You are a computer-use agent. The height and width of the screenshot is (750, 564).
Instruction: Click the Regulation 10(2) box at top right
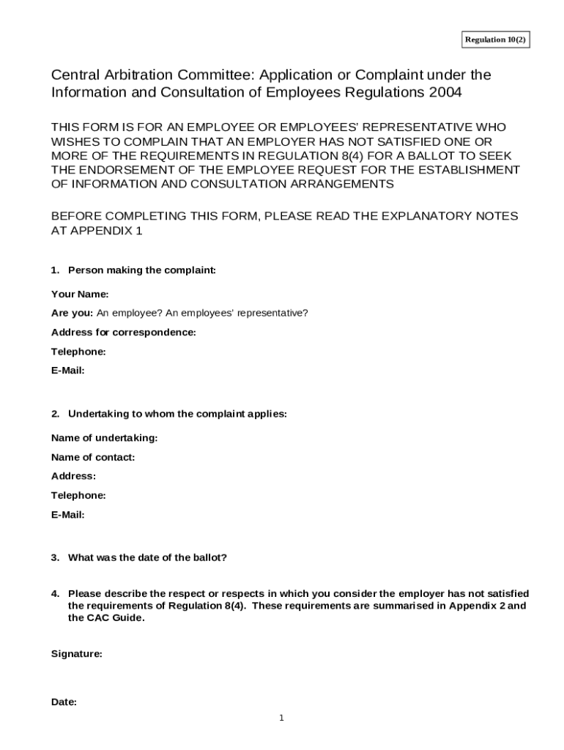tap(495, 40)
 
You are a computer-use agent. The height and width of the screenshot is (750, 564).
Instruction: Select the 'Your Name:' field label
tap(80, 294)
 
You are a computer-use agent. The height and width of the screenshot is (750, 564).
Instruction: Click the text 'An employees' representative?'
tap(237, 313)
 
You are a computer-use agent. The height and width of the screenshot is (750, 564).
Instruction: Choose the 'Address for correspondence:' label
tap(124, 333)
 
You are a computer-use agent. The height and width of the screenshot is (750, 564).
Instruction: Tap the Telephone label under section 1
tap(78, 352)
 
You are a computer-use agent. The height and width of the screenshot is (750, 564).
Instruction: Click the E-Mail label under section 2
tap(68, 514)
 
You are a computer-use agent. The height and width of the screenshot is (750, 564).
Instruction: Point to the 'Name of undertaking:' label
tap(105, 438)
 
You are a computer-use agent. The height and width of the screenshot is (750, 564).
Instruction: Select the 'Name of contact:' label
tap(93, 457)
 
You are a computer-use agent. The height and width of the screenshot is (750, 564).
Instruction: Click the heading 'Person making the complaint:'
tap(142, 270)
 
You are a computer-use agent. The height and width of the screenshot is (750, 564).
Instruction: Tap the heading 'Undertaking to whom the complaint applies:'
tap(177, 414)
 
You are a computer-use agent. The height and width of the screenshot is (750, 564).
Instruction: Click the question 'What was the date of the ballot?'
tap(147, 557)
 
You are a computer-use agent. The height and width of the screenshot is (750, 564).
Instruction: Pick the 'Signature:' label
tap(77, 654)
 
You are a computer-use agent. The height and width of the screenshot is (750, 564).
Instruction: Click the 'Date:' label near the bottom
tap(64, 702)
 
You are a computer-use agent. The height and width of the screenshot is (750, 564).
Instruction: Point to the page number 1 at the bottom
tap(281, 718)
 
